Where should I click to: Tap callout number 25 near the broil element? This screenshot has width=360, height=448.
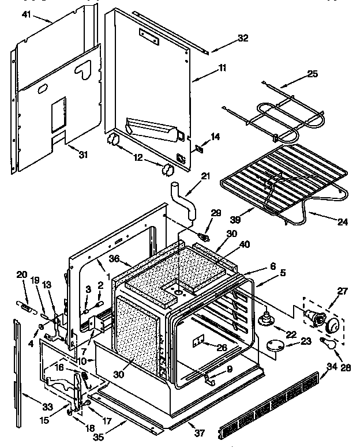[x=312, y=74]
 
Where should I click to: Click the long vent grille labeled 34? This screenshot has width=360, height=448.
[x=269, y=404]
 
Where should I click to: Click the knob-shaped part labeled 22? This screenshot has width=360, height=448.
[x=266, y=318]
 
